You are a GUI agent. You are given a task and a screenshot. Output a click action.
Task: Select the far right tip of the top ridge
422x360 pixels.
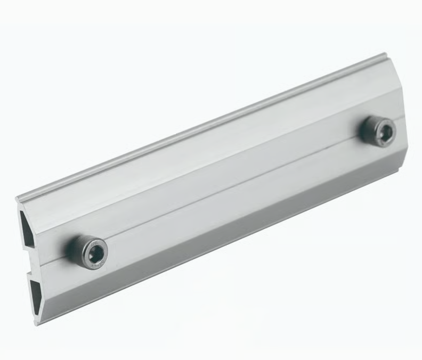(385, 54)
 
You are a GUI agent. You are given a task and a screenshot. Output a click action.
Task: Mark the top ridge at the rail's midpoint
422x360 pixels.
(202, 127)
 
